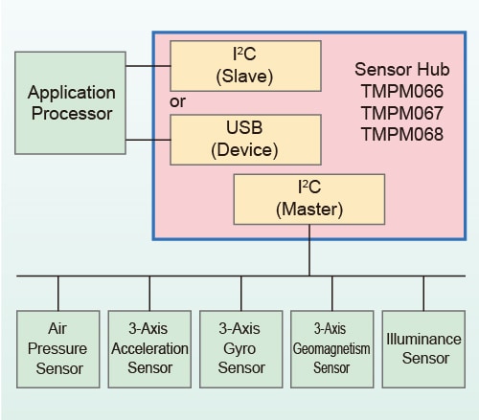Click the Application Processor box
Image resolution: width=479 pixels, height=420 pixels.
pyautogui.click(x=70, y=103)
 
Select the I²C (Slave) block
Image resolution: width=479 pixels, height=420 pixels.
pyautogui.click(x=245, y=66)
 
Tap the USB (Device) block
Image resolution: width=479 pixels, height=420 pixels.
pyautogui.click(x=245, y=140)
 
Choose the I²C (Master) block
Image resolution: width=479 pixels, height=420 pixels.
pyautogui.click(x=309, y=199)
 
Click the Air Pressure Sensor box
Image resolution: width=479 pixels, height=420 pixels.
pyautogui.click(x=58, y=349)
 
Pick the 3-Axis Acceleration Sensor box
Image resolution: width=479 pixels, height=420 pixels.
pyautogui.click(x=149, y=349)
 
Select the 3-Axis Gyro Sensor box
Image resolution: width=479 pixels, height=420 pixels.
pyautogui.click(x=241, y=349)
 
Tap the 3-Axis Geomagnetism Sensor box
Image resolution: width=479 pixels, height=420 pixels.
pyautogui.click(x=332, y=349)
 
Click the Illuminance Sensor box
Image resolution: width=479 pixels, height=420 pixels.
pyautogui.click(x=423, y=349)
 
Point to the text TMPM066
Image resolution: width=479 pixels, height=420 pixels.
pyautogui.click(x=402, y=91)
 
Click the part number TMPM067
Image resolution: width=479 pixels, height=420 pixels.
pyautogui.click(x=402, y=113)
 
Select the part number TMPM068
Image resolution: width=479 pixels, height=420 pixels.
pyautogui.click(x=402, y=134)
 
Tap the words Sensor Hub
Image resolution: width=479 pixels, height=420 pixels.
pyautogui.click(x=402, y=70)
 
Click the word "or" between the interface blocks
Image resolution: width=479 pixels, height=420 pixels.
pyautogui.click(x=177, y=102)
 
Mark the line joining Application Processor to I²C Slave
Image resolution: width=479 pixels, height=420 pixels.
pyautogui.click(x=148, y=66)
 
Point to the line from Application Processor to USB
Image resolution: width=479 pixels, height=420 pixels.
pyautogui.click(x=148, y=140)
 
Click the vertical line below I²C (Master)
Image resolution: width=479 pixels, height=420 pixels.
pyautogui.click(x=309, y=250)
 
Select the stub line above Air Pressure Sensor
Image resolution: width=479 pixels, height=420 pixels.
pyautogui.click(x=58, y=294)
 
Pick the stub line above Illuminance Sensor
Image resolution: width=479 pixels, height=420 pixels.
pyautogui.click(x=423, y=294)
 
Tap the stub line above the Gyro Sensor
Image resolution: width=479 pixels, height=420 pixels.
pyautogui.click(x=241, y=294)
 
